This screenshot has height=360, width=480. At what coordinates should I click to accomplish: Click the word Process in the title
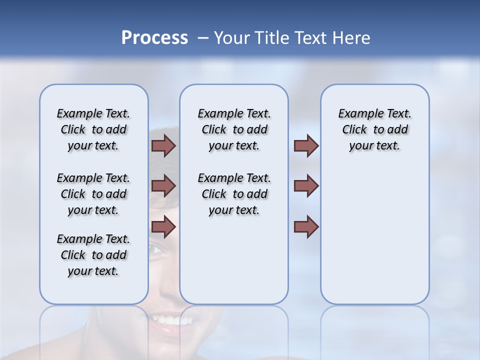154,38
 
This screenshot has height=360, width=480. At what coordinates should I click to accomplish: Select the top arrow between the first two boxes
163,146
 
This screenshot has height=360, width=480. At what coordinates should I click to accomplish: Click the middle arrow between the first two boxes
163,186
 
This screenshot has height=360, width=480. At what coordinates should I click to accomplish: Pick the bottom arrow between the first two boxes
163,227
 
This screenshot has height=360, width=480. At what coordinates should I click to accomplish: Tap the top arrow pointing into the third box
306,146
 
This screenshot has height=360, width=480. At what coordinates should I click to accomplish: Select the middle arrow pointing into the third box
306,186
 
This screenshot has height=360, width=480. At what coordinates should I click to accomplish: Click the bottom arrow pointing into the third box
306,227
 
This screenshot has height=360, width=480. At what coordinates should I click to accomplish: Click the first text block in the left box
93,129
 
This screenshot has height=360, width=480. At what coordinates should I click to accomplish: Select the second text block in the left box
93,194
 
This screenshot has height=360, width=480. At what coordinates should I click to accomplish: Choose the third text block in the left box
93,255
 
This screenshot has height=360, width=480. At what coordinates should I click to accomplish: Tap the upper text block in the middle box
234,129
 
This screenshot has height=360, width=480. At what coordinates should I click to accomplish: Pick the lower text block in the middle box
234,194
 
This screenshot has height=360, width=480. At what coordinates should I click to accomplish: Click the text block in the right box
374,129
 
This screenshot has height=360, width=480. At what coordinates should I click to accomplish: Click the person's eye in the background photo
156,248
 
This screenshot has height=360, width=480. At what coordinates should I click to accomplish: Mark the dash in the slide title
203,38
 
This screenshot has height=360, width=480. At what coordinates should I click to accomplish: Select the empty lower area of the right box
374,235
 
